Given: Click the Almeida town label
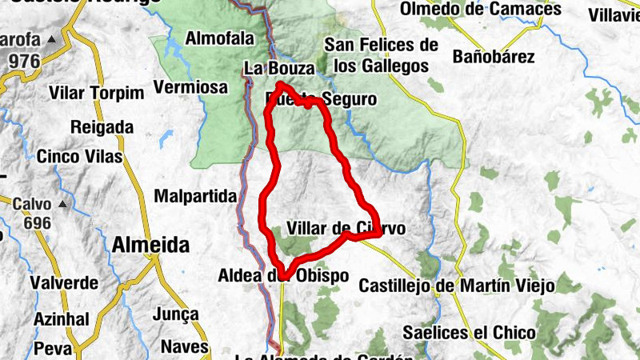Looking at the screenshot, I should [x=152, y=244].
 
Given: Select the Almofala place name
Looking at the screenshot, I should [x=219, y=38].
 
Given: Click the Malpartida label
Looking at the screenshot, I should [x=196, y=196].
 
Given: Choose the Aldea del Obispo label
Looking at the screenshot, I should [x=283, y=276].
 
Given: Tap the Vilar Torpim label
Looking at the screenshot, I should [x=97, y=93].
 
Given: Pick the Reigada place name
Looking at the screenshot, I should [x=102, y=126].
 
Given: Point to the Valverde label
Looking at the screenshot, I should [x=64, y=283].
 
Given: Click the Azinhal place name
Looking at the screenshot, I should [x=61, y=319].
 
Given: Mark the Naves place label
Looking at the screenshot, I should [x=185, y=347].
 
